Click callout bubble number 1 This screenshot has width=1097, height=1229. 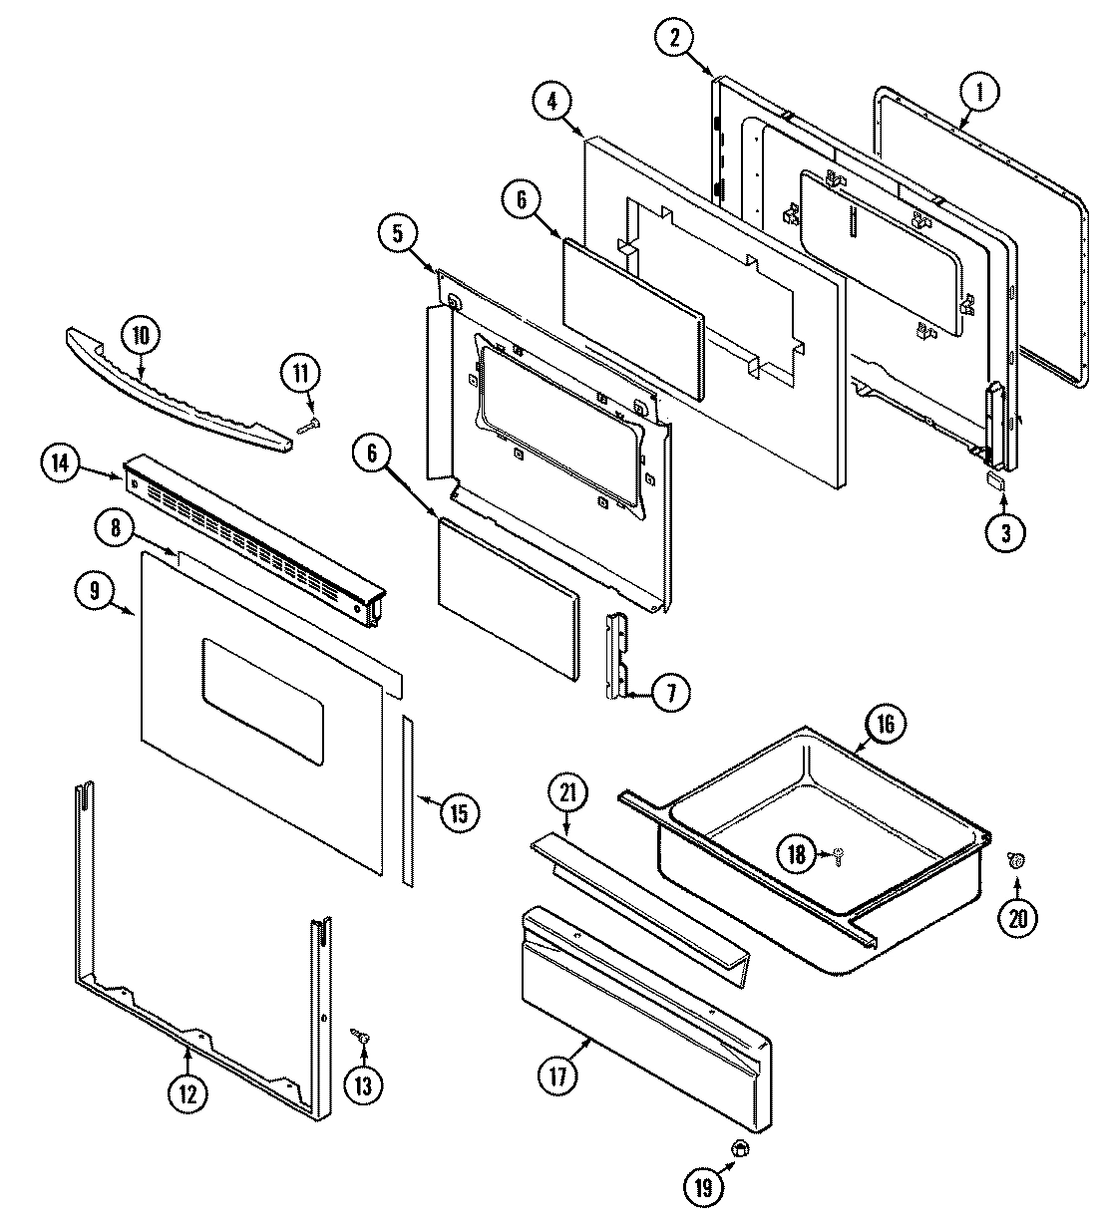pos(979,94)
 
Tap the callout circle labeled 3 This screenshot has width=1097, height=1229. pos(1004,532)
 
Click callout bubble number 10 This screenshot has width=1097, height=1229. pos(140,336)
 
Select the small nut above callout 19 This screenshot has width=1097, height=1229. pos(740,1149)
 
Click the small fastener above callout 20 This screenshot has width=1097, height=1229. pos(1016,860)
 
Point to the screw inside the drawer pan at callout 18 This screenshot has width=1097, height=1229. pos(837,853)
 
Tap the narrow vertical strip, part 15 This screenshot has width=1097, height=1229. pos(408,797)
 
